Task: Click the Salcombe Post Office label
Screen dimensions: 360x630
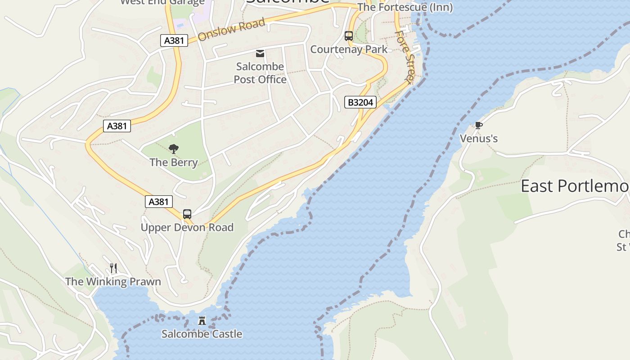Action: coord(260,73)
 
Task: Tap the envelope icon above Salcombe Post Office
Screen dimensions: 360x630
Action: coord(260,54)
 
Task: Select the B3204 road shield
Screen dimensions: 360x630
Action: coord(360,103)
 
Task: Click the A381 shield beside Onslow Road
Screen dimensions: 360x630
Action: coord(174,40)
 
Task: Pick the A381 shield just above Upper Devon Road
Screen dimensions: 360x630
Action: coord(158,202)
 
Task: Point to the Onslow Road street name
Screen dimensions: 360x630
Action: coord(231,30)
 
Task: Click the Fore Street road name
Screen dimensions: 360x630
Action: coord(405,57)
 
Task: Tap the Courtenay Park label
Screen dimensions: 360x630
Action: coord(349,49)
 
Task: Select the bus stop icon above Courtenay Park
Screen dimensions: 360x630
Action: coord(348,36)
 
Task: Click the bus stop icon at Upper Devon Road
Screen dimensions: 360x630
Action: coord(187,214)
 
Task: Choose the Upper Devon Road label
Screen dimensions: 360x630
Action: coord(187,228)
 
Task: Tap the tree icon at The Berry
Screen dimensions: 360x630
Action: coord(173,149)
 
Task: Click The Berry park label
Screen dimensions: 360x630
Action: coord(174,162)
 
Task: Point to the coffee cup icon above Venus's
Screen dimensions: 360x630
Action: coord(478,125)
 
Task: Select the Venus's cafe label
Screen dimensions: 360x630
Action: coord(479,139)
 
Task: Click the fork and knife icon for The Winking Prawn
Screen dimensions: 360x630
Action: coord(113,268)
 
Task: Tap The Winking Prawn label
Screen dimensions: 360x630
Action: coord(113,282)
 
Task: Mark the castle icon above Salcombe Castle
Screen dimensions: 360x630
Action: coord(202,321)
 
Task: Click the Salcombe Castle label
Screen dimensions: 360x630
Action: coord(202,334)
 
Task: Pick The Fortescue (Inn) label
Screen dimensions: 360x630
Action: coord(405,8)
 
